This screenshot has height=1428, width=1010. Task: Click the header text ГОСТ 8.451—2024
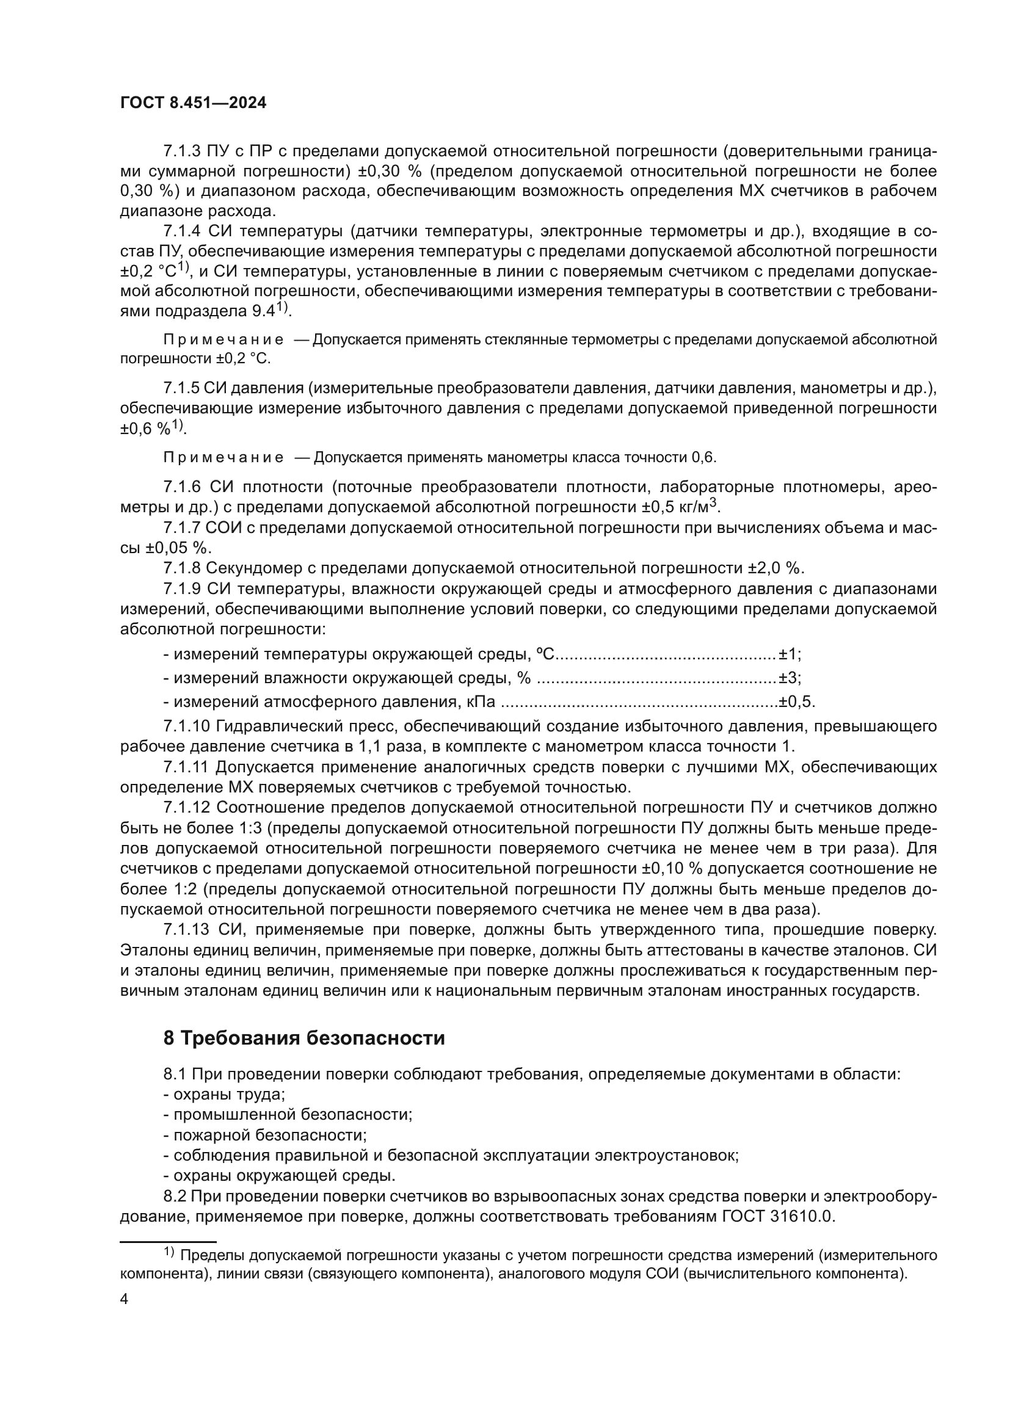pos(193,103)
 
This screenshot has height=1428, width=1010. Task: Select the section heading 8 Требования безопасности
pos(304,1038)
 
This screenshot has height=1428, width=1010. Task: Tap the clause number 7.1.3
pos(182,151)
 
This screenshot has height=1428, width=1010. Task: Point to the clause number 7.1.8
pos(182,568)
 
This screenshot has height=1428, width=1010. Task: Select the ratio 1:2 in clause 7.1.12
pos(162,890)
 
